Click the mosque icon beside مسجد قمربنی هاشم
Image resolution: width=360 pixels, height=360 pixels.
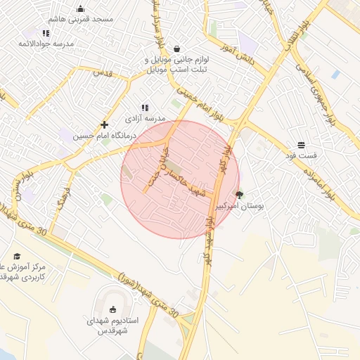pos(80,9)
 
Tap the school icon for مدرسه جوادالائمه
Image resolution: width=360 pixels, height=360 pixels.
pos(46,33)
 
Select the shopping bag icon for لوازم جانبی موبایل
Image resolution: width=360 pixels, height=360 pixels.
pos(176,49)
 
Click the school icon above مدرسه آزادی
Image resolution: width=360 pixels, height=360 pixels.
pos(145,108)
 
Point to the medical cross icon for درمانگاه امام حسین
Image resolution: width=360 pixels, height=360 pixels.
pos(104,124)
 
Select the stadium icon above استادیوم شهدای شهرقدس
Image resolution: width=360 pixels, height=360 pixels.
pos(112,309)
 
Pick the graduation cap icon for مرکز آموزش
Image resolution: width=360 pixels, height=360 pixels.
pos(17,256)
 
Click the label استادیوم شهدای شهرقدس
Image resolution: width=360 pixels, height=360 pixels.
pos(112,325)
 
